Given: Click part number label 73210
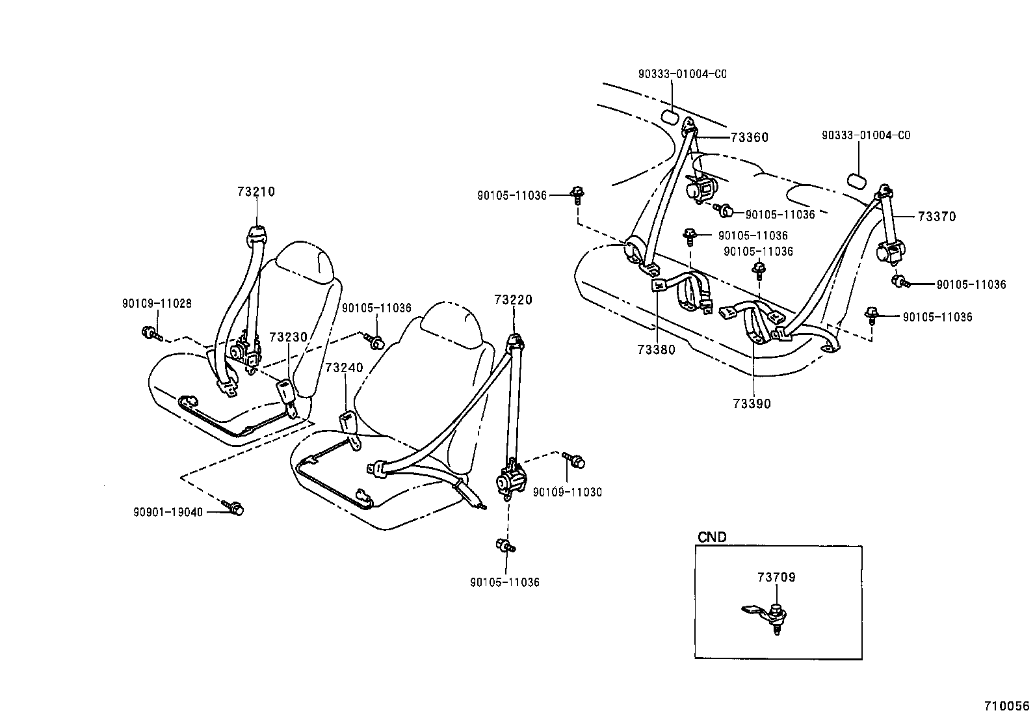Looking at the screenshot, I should pos(256,192).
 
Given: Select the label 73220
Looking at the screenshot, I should pos(513,300).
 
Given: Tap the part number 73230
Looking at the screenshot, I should pos(288,337).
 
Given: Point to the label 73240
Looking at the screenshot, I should pos(344,368).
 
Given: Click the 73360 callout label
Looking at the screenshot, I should pos(749,137).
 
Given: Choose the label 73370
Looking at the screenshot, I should pos(937,217).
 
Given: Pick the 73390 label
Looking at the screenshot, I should pos(752,404).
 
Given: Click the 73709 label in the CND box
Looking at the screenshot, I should pos(776,577).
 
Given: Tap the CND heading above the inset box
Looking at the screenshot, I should pos(712,537).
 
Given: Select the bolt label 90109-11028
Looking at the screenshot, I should pos(157,303).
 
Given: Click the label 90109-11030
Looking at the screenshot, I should pos(567,492).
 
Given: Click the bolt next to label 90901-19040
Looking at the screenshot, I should pos(233,508).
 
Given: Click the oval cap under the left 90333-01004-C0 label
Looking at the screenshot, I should pos(670,117).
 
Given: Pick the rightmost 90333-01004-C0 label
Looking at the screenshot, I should pos(865,135).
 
